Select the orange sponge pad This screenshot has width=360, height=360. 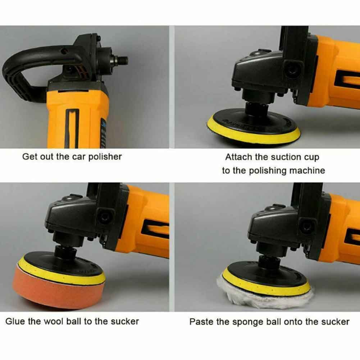click(58, 289)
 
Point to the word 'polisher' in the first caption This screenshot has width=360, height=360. click(105, 157)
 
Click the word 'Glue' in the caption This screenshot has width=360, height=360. click(15, 322)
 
